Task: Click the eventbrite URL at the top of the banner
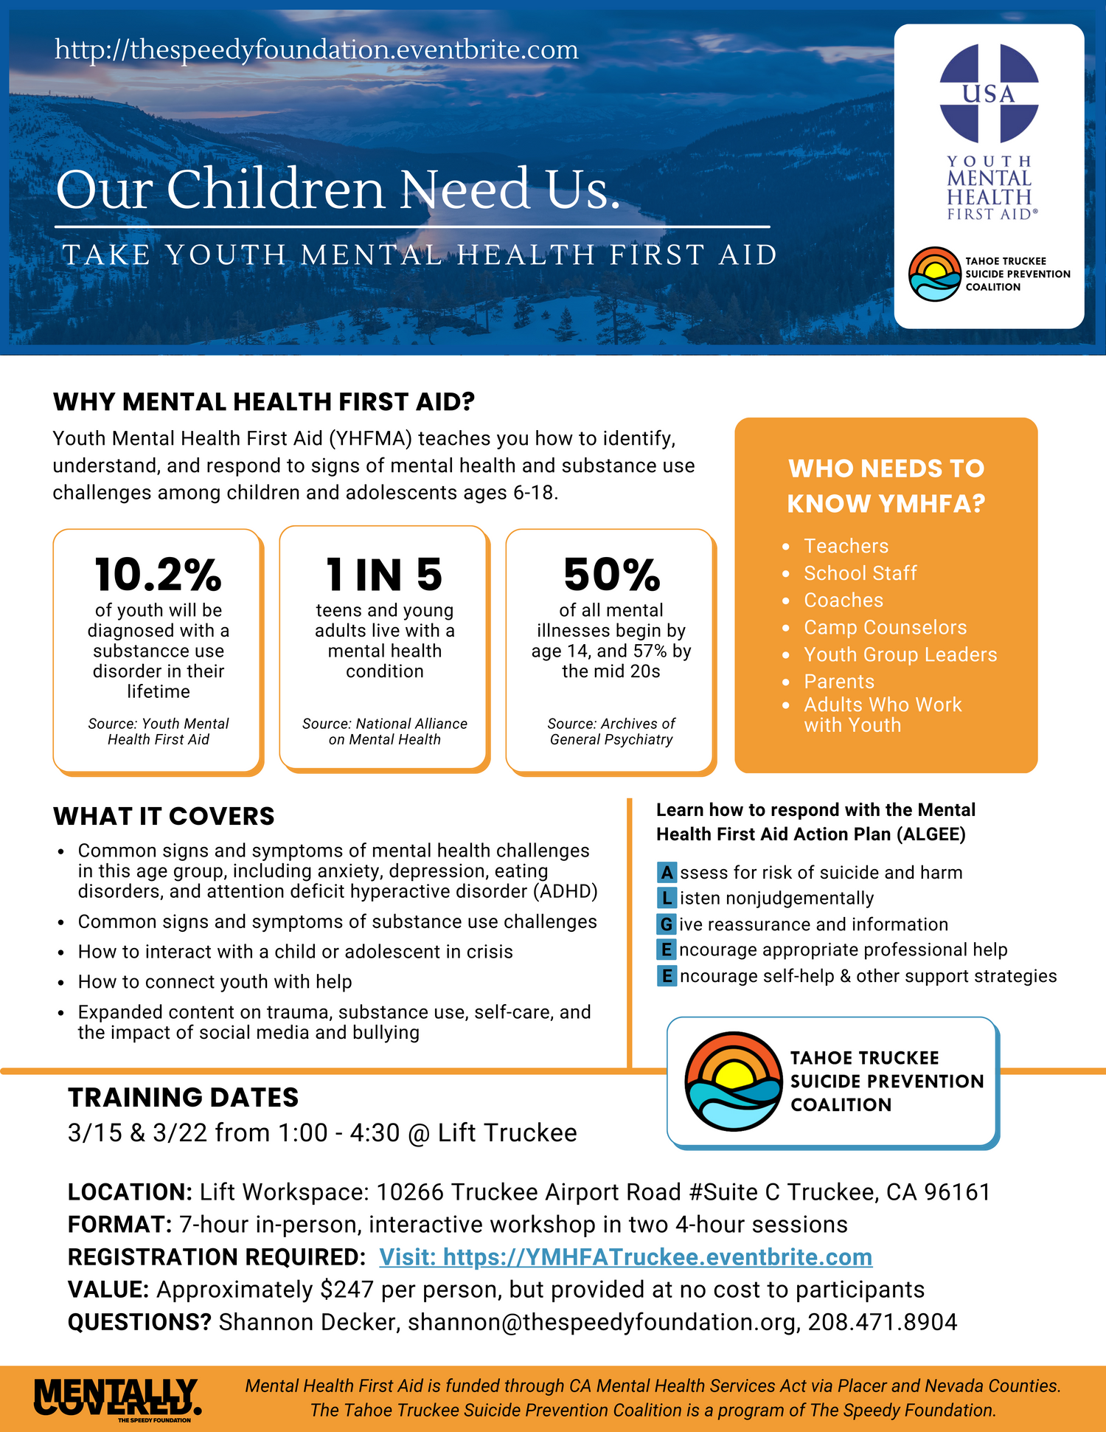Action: click(x=316, y=49)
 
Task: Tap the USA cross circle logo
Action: click(x=989, y=93)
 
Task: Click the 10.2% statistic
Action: click(x=158, y=575)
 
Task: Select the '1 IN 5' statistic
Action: click(x=384, y=575)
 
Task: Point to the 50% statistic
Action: click(x=611, y=575)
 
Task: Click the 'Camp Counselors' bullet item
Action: click(x=885, y=627)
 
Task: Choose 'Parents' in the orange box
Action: click(x=839, y=681)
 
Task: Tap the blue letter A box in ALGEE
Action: click(x=667, y=873)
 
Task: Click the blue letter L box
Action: click(x=667, y=898)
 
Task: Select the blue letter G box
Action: click(x=667, y=924)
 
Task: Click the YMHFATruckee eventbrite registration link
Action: click(x=625, y=1256)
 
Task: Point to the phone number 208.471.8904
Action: click(x=883, y=1321)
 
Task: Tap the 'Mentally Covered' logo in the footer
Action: click(x=117, y=1398)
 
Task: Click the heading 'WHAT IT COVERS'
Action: click(x=164, y=816)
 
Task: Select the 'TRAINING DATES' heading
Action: click(x=183, y=1097)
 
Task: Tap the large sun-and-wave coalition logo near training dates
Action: click(x=733, y=1081)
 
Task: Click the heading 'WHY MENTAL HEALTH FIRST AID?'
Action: click(x=264, y=402)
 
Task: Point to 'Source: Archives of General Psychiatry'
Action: click(x=611, y=731)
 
